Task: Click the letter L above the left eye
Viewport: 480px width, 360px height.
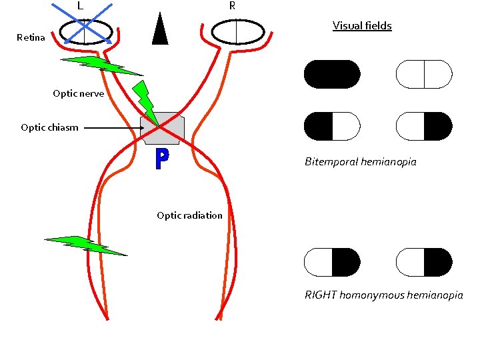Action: (79, 6)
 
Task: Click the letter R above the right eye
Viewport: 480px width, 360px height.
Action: (231, 6)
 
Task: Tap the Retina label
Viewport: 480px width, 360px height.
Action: (31, 38)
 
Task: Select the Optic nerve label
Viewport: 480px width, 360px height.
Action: (78, 94)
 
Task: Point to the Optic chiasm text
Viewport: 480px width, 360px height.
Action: (49, 127)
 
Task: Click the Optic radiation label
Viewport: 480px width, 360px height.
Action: (189, 215)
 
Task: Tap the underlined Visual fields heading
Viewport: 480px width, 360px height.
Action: (362, 26)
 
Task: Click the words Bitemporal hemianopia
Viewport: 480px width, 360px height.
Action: (360, 162)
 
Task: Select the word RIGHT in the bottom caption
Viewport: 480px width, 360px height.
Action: (321, 295)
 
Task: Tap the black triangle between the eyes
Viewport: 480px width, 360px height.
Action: (159, 30)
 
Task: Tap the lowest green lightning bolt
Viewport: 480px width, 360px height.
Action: (83, 245)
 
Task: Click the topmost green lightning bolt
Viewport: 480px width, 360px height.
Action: (100, 65)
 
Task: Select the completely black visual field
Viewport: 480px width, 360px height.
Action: (332, 74)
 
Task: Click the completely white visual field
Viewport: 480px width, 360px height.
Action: (424, 74)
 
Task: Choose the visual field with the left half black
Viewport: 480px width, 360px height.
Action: (332, 126)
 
